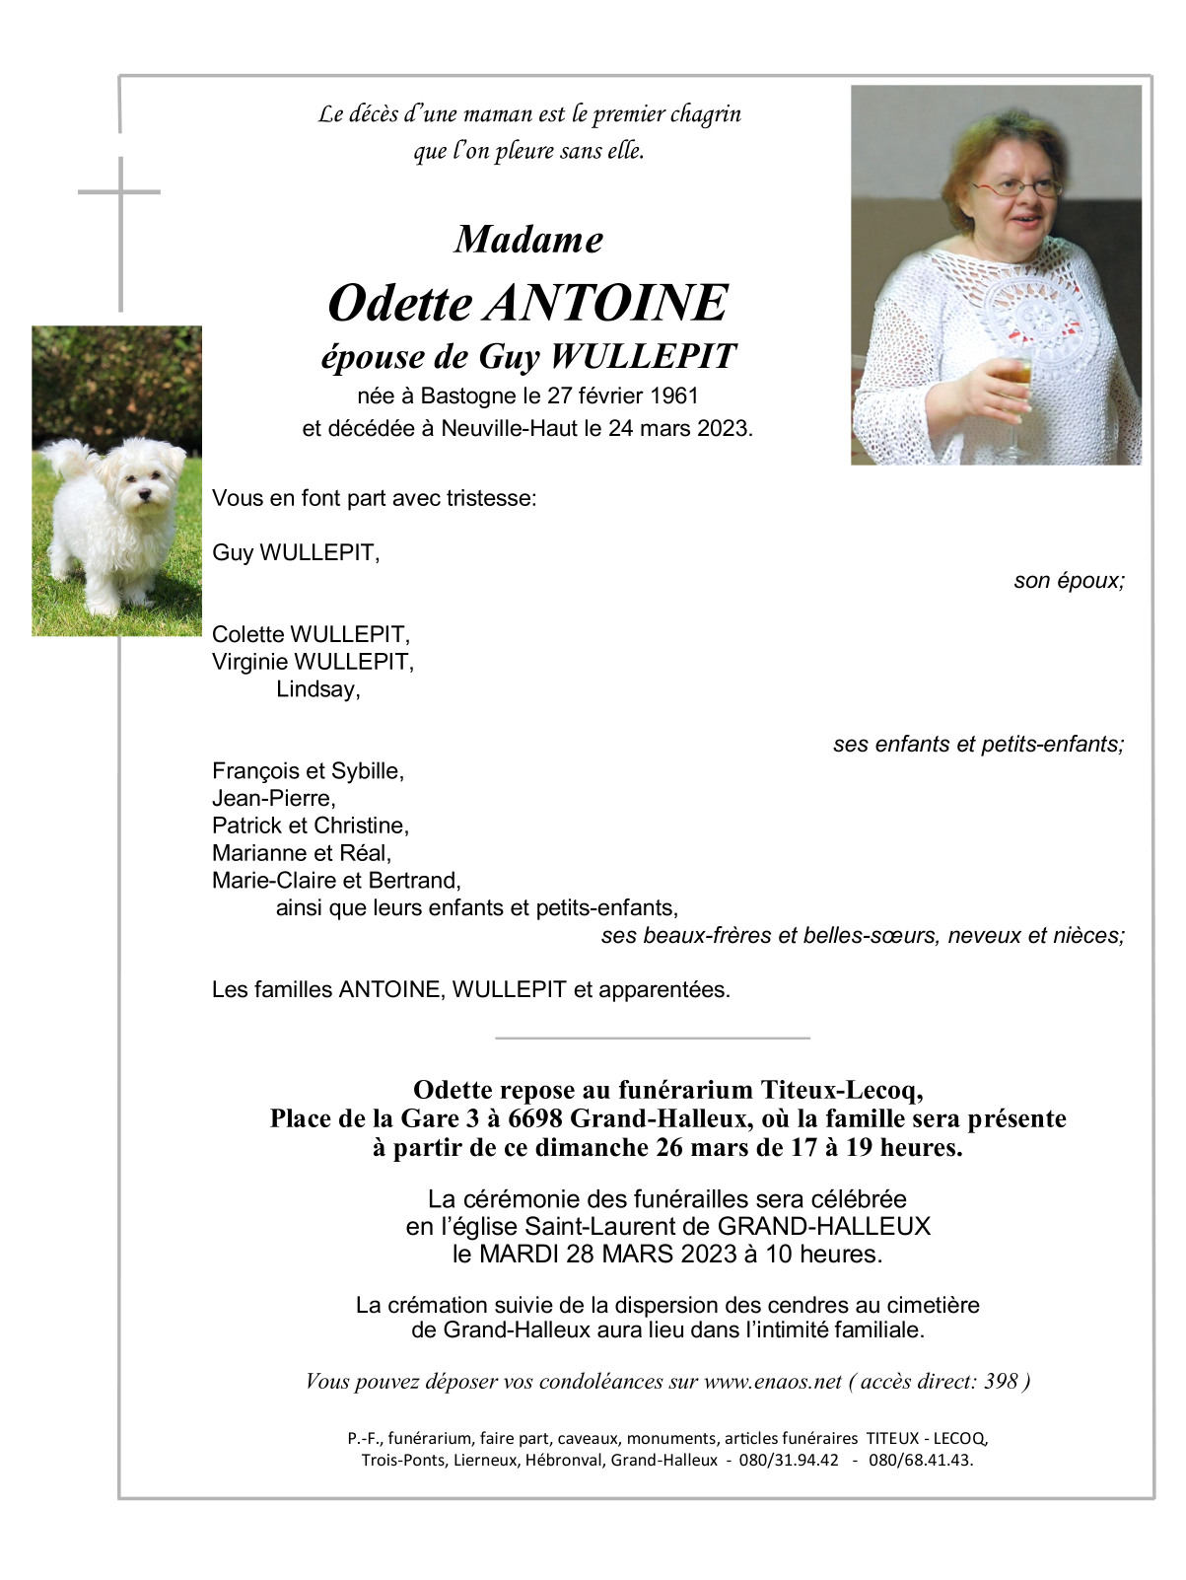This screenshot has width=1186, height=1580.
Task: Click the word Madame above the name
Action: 528,240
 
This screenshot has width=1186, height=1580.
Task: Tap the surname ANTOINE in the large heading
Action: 606,303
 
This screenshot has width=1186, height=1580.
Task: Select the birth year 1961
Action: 674,395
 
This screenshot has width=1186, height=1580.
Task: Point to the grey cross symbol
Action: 120,192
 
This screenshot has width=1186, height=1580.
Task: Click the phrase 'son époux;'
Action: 1069,580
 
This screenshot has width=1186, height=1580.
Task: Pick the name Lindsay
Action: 317,689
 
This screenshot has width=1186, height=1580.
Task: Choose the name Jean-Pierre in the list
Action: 274,798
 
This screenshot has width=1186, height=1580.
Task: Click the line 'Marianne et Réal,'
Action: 302,853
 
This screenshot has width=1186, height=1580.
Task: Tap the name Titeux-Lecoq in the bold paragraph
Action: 841,1090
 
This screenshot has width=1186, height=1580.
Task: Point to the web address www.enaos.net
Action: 773,1382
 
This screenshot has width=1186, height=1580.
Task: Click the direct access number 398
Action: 1000,1382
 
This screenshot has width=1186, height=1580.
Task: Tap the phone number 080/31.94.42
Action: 789,1460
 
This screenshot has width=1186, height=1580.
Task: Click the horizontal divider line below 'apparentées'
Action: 652,1038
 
